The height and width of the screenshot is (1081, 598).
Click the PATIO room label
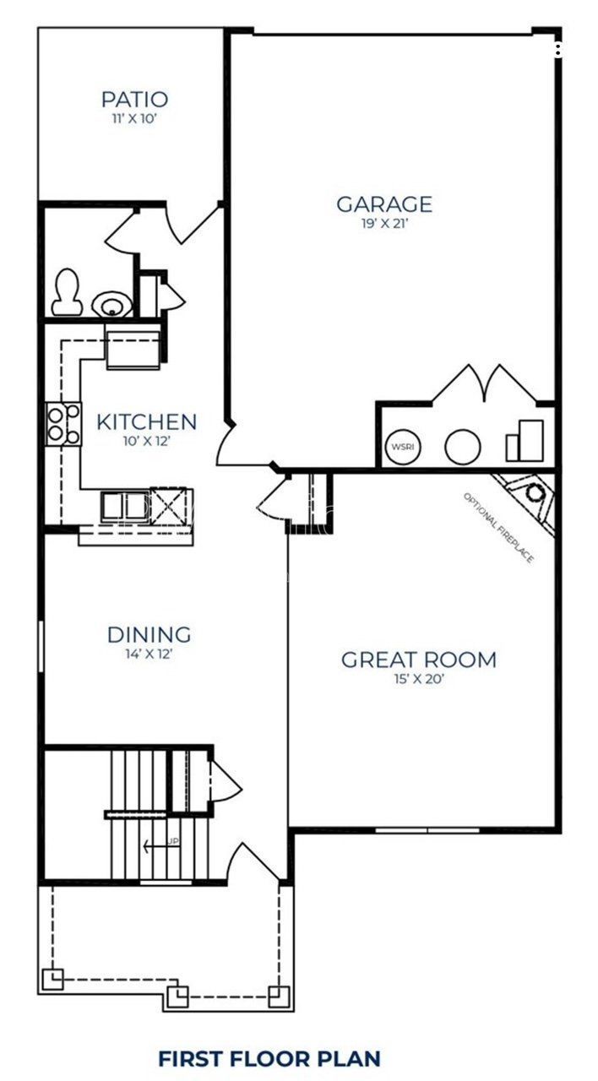(134, 100)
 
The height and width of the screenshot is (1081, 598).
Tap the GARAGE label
(384, 204)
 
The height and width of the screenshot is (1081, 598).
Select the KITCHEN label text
(146, 421)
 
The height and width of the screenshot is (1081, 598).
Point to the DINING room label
(149, 634)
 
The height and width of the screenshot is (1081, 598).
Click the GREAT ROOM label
(418, 660)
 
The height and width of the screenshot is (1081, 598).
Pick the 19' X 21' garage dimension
(384, 224)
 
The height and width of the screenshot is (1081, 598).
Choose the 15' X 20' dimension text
(418, 679)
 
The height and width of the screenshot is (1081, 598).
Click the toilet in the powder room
(66, 292)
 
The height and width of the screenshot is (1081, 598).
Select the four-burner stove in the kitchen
(64, 424)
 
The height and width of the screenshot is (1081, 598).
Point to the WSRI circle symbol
(400, 447)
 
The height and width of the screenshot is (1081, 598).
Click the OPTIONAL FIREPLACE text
(498, 528)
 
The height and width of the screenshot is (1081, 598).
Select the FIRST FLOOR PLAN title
(269, 1058)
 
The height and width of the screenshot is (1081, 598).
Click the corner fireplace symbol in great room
(530, 495)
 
